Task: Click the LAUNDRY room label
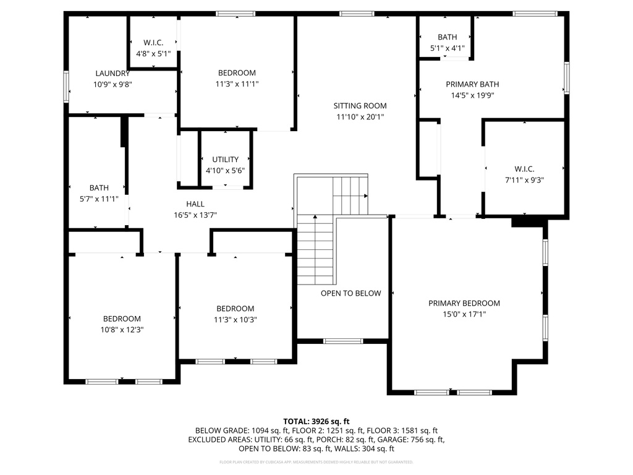pyautogui.click(x=113, y=73)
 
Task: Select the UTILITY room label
pyautogui.click(x=225, y=160)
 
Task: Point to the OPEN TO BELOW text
pyautogui.click(x=350, y=293)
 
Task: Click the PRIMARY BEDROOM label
pyautogui.click(x=464, y=303)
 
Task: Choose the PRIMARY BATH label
pyautogui.click(x=472, y=84)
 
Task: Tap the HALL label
pyautogui.click(x=195, y=204)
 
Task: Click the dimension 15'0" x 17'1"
pyautogui.click(x=464, y=314)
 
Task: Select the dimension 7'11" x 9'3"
pyautogui.click(x=524, y=180)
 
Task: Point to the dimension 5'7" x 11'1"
pyautogui.click(x=99, y=199)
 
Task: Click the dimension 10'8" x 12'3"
pyautogui.click(x=122, y=330)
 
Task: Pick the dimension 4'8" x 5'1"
pyautogui.click(x=153, y=53)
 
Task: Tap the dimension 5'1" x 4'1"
pyautogui.click(x=447, y=48)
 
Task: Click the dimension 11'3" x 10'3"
pyautogui.click(x=235, y=320)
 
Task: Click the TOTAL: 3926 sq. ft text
pyautogui.click(x=316, y=421)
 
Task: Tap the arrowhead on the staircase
pyautogui.click(x=367, y=196)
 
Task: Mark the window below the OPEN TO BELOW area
pyautogui.click(x=343, y=341)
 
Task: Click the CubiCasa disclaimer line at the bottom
pyautogui.click(x=316, y=462)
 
